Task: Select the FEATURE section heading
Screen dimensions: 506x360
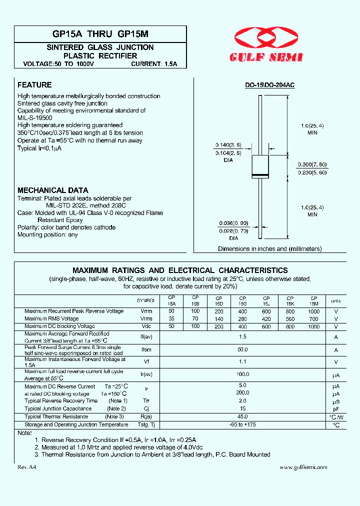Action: (34, 85)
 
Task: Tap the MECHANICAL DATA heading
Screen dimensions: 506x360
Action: (52, 190)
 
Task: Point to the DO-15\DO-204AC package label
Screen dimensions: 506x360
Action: (269, 85)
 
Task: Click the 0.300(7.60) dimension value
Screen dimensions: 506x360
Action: (312, 164)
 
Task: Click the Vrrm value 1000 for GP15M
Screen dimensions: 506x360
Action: (314, 311)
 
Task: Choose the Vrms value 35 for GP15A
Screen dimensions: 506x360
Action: (171, 318)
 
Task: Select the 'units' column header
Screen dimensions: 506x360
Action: (336, 301)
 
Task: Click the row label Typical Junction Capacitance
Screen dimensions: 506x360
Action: (58, 408)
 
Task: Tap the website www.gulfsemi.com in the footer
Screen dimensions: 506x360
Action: (303, 467)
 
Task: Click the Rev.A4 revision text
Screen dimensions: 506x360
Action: (27, 467)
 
